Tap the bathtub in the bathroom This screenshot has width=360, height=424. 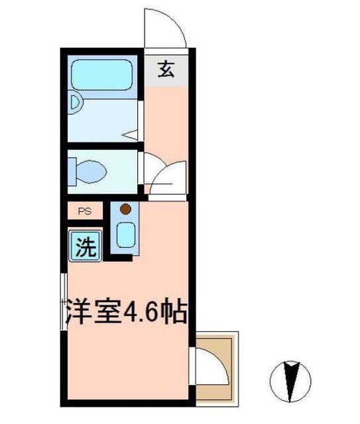103,74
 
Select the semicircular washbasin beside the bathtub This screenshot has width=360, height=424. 74,103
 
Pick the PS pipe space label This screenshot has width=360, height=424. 84,211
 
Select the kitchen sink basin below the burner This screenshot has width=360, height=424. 125,235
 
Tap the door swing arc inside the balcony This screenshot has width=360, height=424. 212,366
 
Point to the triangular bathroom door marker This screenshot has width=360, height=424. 132,135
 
